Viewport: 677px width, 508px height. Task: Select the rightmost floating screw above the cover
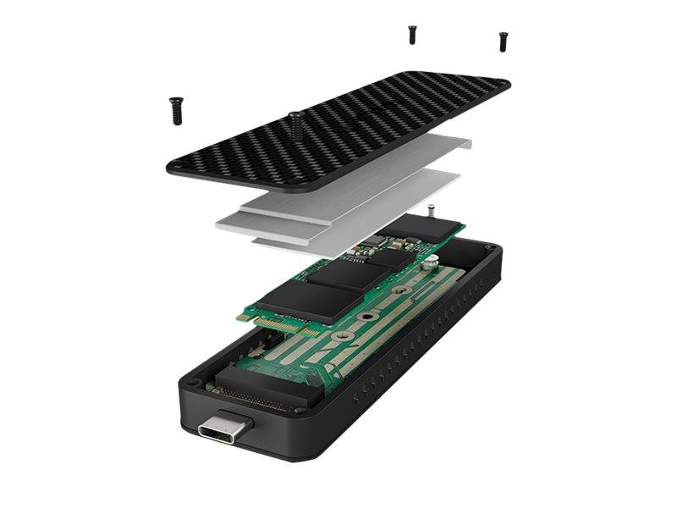(504, 40)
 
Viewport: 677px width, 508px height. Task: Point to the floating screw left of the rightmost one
(412, 34)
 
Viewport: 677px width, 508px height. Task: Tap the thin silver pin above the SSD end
(431, 209)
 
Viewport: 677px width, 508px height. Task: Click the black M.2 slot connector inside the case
(254, 386)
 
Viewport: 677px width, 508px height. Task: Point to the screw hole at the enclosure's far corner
(488, 247)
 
